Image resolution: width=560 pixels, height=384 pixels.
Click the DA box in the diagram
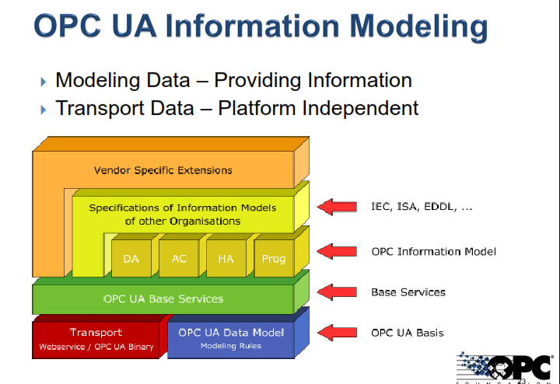(x=131, y=259)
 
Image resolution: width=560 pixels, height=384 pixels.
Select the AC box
(x=178, y=259)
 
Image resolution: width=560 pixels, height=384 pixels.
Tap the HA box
(x=226, y=259)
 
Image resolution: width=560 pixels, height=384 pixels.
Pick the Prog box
(x=273, y=259)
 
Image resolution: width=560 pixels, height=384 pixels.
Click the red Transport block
(x=97, y=339)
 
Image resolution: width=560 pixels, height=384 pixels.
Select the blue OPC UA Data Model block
(x=230, y=339)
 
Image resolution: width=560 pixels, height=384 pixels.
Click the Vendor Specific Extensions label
(x=163, y=169)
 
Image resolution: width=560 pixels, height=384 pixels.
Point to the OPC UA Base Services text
(x=163, y=298)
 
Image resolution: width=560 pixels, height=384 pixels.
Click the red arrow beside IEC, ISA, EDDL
(x=337, y=207)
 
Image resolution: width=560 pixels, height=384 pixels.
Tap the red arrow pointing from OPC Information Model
(x=337, y=251)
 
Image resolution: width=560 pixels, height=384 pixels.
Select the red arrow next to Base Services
(x=337, y=292)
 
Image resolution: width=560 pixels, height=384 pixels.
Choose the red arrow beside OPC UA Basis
(x=337, y=333)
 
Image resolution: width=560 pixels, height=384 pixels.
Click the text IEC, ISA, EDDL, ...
(x=422, y=207)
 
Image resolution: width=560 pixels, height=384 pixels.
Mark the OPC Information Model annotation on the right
(x=433, y=251)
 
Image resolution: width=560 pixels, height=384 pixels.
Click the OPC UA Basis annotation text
(x=407, y=333)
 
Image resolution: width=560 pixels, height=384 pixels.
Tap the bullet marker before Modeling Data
(x=44, y=81)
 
